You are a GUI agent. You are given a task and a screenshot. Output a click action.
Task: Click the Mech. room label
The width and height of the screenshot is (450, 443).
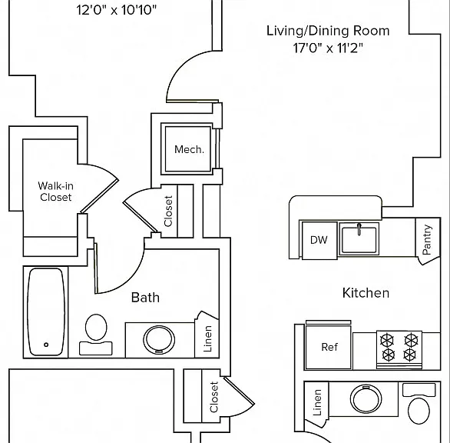(x=189, y=149)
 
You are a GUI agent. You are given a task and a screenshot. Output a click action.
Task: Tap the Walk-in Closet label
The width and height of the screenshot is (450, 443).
(x=56, y=192)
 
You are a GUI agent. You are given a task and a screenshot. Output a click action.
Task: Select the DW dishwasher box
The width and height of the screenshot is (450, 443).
(x=319, y=240)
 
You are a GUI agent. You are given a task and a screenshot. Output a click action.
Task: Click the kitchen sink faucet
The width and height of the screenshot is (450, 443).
(x=359, y=229)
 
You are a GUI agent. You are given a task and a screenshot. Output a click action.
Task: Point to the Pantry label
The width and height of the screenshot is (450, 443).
(x=427, y=239)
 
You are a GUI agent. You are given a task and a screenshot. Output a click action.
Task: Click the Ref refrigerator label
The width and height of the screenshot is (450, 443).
(x=329, y=347)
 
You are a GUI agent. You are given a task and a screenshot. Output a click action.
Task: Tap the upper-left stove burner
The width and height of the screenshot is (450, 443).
(x=387, y=341)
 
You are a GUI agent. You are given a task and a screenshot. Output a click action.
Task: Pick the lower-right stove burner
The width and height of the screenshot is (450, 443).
(x=410, y=355)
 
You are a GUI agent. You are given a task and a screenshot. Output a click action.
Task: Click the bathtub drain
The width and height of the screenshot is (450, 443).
(x=46, y=345)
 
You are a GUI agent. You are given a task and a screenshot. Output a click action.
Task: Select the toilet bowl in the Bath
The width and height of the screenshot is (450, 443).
(x=96, y=328)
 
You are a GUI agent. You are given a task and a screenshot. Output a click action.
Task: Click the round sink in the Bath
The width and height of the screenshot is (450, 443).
(x=159, y=339)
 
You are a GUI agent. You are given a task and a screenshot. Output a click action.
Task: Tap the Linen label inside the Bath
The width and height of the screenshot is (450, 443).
(x=207, y=338)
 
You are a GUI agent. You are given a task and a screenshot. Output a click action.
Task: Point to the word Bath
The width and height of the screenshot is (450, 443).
(x=145, y=297)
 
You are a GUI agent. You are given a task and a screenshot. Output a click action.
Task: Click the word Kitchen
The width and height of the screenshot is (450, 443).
(x=366, y=293)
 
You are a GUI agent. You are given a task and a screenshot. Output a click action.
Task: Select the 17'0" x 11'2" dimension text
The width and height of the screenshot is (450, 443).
(x=328, y=48)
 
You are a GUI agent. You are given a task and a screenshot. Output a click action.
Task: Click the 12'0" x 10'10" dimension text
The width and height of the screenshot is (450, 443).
(x=117, y=10)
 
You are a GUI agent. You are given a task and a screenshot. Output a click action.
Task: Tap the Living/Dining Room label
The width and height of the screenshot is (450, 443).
(x=328, y=31)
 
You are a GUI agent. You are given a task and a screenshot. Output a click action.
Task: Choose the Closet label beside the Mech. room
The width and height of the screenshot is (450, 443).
(x=168, y=211)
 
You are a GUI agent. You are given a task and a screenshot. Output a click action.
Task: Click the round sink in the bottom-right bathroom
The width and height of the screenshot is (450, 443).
(x=366, y=399)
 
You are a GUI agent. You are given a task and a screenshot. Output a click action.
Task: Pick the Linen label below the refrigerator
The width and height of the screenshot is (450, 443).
(x=317, y=402)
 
